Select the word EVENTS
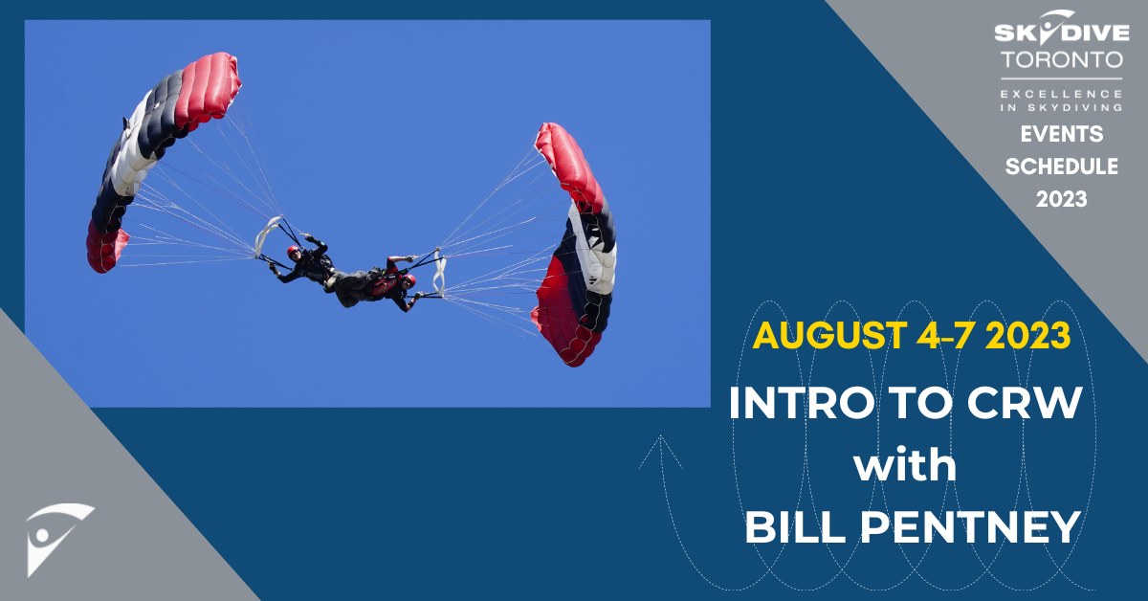pos(1060,134)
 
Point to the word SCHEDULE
pos(1060,167)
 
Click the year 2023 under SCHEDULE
pos(1060,199)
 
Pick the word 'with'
pos(905,466)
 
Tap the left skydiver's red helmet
pos(293,253)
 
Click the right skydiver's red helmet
pos(409,280)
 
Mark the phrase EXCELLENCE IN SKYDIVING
pos(1060,100)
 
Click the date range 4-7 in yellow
pos(958,335)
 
